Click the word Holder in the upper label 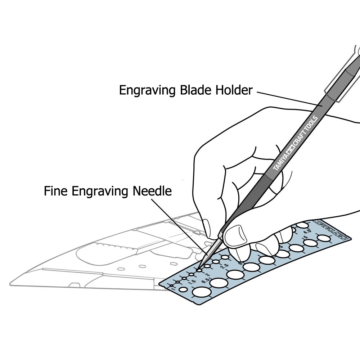click(x=233, y=90)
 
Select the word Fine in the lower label click(x=56, y=191)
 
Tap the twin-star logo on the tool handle click(x=291, y=147)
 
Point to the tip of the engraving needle click(x=199, y=270)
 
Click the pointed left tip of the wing click(x=11, y=283)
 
